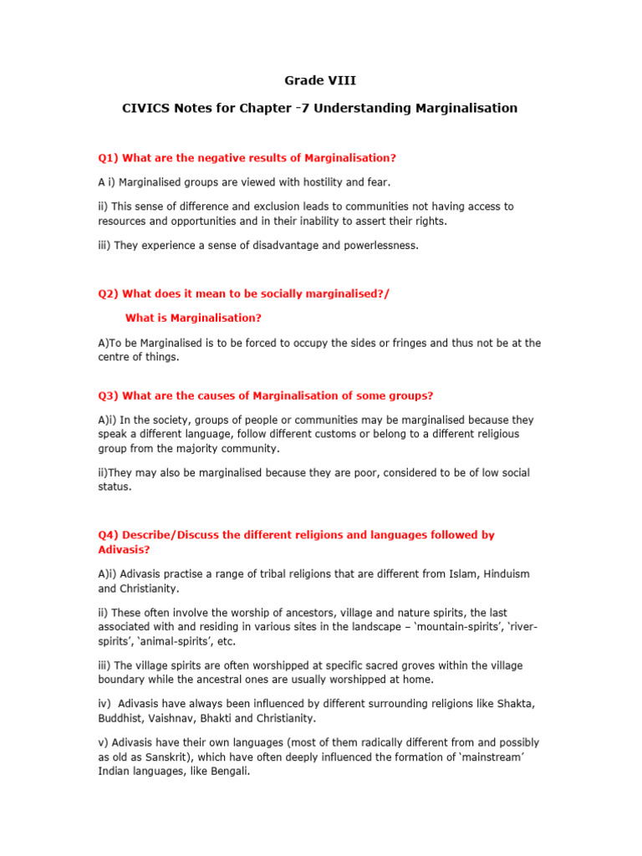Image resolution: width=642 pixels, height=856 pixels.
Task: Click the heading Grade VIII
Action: point(320,80)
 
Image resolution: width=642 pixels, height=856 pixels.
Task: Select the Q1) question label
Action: point(108,157)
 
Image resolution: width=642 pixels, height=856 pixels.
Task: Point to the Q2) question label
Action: point(108,293)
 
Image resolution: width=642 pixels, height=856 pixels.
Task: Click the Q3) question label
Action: point(108,395)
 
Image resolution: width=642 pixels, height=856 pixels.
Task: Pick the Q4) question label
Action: point(108,534)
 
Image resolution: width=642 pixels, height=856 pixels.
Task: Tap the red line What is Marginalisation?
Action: point(193,318)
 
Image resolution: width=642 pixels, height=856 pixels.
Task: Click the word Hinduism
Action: point(504,574)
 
